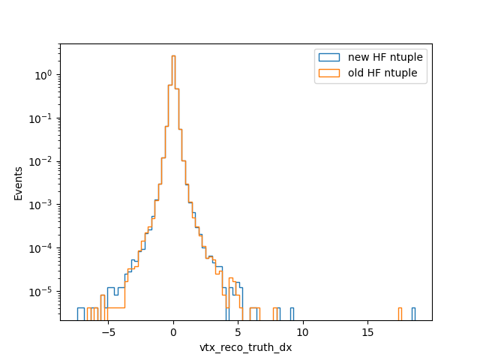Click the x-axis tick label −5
point(108,333)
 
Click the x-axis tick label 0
point(173,333)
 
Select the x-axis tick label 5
point(238,333)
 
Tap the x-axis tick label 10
point(302,333)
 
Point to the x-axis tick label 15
point(367,333)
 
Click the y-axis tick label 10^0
point(43,75)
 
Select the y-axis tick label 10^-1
point(40,118)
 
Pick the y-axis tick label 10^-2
point(40,162)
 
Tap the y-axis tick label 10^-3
point(40,205)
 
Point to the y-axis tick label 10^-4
point(40,248)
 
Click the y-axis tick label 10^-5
point(40,292)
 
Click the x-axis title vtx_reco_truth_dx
point(246,348)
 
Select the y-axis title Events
point(18,184)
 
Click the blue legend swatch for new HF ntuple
point(329,57)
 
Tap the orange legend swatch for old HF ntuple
point(329,73)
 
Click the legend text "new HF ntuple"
point(385,57)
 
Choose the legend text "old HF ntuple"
point(382,73)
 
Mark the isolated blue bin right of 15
point(413,314)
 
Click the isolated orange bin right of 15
point(400,314)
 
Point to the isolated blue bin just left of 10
point(292,314)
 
